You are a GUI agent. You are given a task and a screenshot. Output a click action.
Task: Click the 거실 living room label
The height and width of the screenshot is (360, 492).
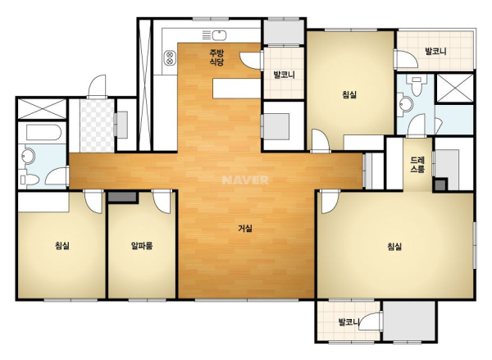coord(244,228)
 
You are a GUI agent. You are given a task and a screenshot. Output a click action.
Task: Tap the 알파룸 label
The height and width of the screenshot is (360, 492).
coord(142,245)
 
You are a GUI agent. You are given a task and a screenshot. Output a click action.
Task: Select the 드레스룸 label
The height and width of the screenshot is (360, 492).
coord(417,165)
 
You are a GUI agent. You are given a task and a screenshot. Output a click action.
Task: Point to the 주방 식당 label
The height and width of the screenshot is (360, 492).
coord(216,57)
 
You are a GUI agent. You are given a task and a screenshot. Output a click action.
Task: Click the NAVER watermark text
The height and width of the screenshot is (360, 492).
coord(245,180)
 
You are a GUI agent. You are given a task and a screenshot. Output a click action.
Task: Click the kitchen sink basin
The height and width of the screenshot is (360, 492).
coord(219,34)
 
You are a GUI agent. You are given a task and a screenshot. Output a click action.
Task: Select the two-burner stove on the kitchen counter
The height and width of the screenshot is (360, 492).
coord(170,57)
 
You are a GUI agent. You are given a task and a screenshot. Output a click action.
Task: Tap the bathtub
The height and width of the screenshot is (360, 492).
coord(43,133)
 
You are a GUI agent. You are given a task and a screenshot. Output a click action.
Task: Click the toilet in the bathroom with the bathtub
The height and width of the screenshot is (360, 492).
coord(29,180)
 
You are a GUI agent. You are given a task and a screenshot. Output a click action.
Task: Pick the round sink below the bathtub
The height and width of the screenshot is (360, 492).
coord(28,156)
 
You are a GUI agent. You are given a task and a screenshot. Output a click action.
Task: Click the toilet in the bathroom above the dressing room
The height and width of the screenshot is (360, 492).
coord(417,85)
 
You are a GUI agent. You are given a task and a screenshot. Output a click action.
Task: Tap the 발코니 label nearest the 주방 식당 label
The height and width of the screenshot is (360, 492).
coord(284,75)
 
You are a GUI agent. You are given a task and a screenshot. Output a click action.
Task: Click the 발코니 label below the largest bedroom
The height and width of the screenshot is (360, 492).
coord(349,321)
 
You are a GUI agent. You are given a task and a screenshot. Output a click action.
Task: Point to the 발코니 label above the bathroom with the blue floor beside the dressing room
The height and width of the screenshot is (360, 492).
coord(435,51)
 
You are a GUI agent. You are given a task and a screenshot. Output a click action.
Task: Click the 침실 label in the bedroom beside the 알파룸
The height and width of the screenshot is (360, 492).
coord(62,245)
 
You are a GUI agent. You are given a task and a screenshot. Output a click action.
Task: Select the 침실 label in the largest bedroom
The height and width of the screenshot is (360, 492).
coord(394,246)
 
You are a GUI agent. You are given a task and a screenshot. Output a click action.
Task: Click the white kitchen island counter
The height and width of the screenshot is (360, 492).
coord(237,89)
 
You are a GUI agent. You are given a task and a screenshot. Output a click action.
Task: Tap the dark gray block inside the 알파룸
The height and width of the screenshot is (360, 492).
coord(122,197)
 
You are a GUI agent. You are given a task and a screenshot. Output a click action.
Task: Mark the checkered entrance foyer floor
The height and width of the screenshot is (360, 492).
coord(97,125)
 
